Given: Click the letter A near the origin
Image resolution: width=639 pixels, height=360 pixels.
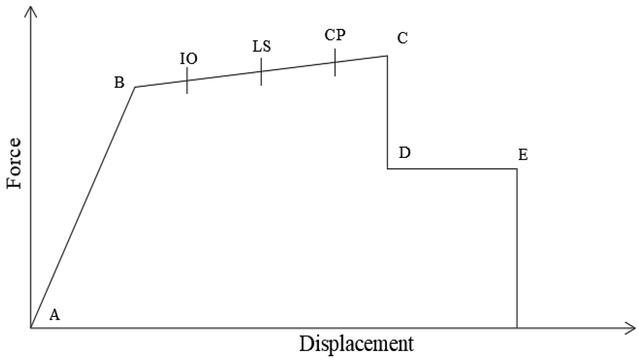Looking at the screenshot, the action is (55, 314).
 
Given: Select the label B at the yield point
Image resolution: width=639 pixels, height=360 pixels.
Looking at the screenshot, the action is (119, 83).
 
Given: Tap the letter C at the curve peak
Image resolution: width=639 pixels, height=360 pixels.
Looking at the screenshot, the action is (402, 38).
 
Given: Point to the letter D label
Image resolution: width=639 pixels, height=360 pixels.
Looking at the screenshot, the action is (404, 153).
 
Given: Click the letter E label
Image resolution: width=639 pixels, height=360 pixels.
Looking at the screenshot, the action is (523, 155).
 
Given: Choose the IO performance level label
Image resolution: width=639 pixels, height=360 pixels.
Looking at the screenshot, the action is (189, 59).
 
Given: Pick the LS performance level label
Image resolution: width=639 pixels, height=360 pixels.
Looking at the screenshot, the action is (261, 47).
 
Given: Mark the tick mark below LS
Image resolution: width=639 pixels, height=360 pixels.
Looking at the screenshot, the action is (261, 71).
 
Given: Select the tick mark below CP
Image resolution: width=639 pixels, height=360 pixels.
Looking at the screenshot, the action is (335, 62).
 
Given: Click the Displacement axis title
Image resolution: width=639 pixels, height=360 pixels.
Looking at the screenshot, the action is (356, 344).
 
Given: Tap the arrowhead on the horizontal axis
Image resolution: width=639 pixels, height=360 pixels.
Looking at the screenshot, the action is (631, 327).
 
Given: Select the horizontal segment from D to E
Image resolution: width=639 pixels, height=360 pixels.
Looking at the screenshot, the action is (452, 169).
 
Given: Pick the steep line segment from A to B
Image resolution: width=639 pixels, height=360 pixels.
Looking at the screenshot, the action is (83, 207).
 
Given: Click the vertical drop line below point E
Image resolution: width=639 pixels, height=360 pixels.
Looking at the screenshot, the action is (517, 248).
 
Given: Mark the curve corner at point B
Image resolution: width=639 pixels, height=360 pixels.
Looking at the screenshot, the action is (135, 87).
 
